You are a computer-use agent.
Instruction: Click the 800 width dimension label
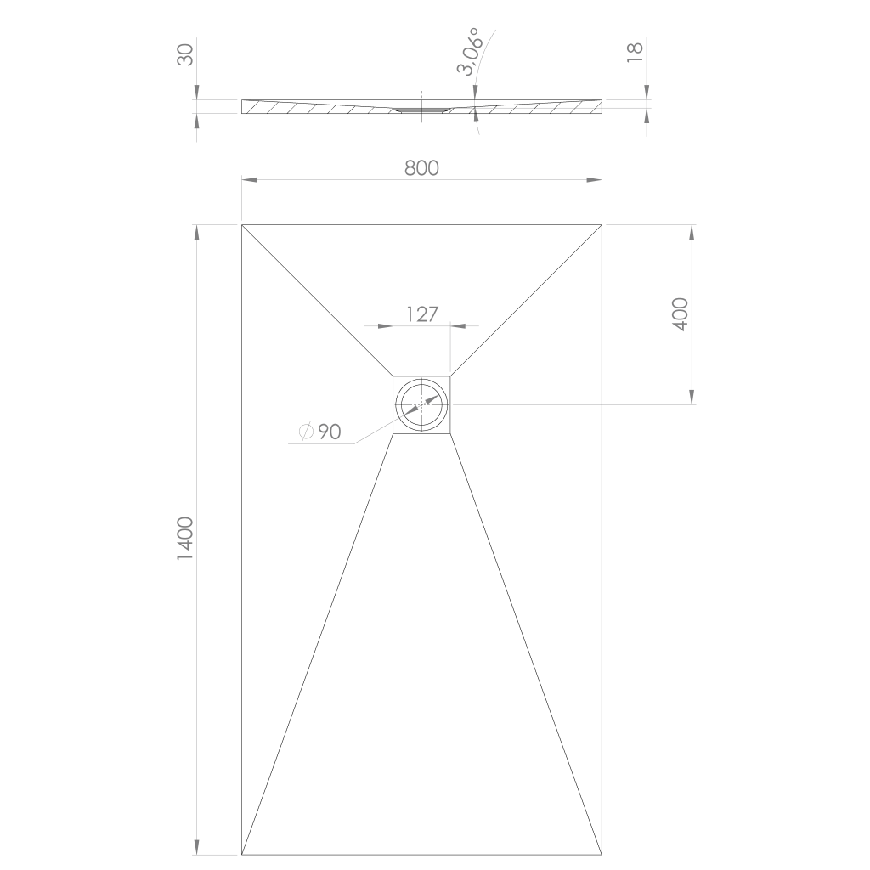(421, 167)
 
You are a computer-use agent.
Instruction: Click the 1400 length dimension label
(184, 538)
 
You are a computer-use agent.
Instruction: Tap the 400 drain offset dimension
(681, 314)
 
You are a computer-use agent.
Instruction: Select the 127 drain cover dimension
(422, 314)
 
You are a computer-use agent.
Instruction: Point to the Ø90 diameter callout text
(319, 432)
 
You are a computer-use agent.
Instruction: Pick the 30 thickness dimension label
(185, 55)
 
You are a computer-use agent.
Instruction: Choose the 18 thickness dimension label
(635, 52)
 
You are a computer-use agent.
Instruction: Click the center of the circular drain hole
(422, 404)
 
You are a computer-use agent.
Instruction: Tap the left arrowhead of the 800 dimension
(249, 180)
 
